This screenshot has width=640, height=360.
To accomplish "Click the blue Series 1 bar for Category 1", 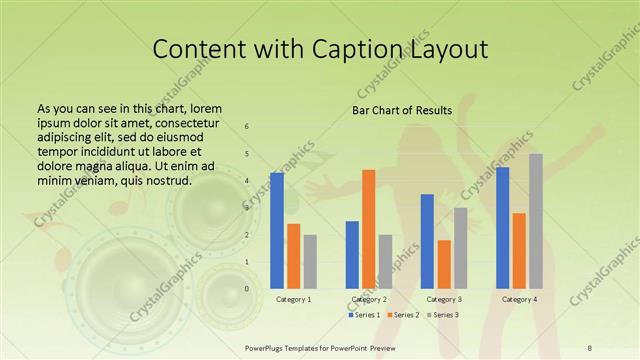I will (276, 230).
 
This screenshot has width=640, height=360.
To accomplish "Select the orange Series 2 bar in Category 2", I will (369, 229).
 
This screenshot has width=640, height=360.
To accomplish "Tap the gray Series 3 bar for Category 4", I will (536, 221).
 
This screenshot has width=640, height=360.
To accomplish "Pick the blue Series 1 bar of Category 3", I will (427, 241).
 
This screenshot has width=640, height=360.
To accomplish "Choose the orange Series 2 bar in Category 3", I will (444, 264).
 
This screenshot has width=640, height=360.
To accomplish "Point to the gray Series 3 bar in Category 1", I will (310, 261).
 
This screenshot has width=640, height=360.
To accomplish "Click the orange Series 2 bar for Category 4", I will (519, 250).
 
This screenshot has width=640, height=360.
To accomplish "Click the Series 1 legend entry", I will (364, 315).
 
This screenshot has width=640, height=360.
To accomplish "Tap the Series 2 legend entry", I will (403, 315).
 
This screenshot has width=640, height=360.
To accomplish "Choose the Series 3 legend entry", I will (443, 315).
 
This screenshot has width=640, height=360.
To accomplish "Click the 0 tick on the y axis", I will (248, 288).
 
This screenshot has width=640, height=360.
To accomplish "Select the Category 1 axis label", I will (293, 299).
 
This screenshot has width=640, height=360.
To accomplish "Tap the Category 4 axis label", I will (519, 299).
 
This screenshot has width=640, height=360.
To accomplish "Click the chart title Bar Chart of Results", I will (402, 110).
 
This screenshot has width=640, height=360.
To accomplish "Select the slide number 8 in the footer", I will (590, 347).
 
